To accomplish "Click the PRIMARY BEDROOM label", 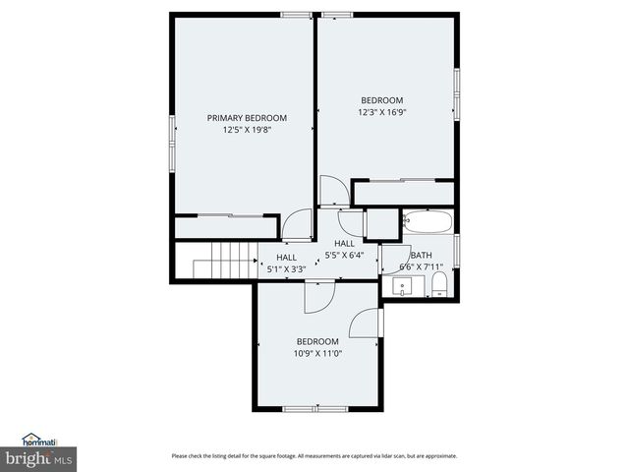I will click(x=246, y=118).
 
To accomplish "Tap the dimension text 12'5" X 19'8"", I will click(x=246, y=129).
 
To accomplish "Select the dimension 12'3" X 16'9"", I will click(x=381, y=111).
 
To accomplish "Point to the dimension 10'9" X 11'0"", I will click(x=317, y=353).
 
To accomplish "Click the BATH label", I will click(x=421, y=255).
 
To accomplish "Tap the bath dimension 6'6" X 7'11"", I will click(x=421, y=266).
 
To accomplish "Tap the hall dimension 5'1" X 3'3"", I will click(x=286, y=267).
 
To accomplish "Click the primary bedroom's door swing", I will click(x=296, y=226).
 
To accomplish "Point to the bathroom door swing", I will click(x=396, y=258).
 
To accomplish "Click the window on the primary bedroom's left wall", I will click(x=173, y=142).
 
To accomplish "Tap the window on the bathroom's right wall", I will click(x=457, y=247).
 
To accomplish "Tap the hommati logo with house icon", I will click(x=39, y=440).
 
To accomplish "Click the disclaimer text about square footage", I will click(x=314, y=455).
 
